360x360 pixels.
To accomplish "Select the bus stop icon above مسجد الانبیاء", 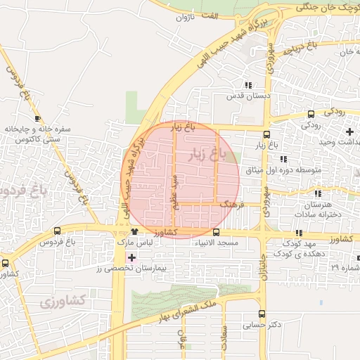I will (x=216, y=232).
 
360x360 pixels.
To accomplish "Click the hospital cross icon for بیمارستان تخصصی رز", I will (x=131, y=257).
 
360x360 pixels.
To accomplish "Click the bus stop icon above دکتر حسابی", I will (x=262, y=314).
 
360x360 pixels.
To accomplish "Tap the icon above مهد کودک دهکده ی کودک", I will (x=300, y=233).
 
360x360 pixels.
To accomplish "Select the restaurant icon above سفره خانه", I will (x=39, y=117).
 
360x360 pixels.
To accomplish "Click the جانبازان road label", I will (x=264, y=268).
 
